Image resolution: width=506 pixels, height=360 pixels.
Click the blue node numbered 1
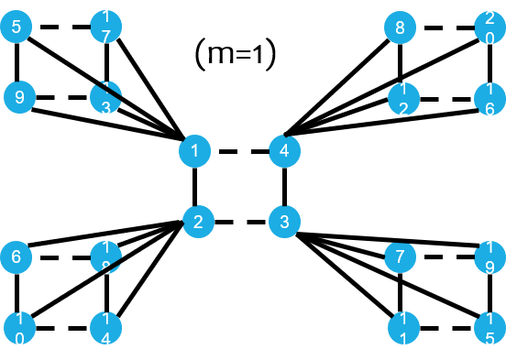(194, 151)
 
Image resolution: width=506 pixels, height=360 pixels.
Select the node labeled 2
(198, 222)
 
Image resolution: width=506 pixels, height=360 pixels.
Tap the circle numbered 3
(284, 222)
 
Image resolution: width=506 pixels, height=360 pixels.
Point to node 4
(284, 151)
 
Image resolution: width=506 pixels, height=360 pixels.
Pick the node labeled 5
(16, 27)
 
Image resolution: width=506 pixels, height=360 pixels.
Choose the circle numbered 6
(16, 257)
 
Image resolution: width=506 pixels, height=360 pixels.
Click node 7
(400, 257)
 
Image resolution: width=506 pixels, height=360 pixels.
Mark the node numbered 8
(400, 27)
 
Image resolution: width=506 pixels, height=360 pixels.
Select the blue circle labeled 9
(19, 97)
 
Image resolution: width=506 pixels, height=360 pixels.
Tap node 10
(19, 328)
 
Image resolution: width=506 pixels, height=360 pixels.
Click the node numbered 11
(403, 328)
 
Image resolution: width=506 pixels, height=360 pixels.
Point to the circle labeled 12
(403, 99)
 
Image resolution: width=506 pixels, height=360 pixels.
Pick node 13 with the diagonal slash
(106, 97)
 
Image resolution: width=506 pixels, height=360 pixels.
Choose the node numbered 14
(106, 328)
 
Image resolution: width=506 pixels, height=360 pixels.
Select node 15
(489, 328)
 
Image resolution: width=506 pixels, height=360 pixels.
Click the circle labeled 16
(489, 99)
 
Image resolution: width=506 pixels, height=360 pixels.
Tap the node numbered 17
(106, 27)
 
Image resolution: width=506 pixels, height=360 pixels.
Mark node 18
(106, 257)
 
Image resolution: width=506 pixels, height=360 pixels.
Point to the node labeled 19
(489, 257)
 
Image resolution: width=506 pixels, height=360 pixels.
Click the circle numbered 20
(489, 27)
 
